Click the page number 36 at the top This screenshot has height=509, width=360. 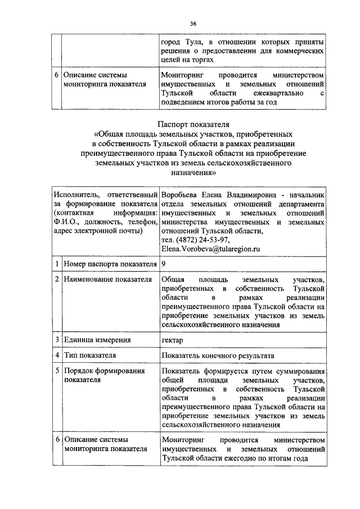[192, 24]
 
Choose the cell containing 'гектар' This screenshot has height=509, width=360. [172, 339]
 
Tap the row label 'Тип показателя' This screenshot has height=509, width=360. [90, 355]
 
